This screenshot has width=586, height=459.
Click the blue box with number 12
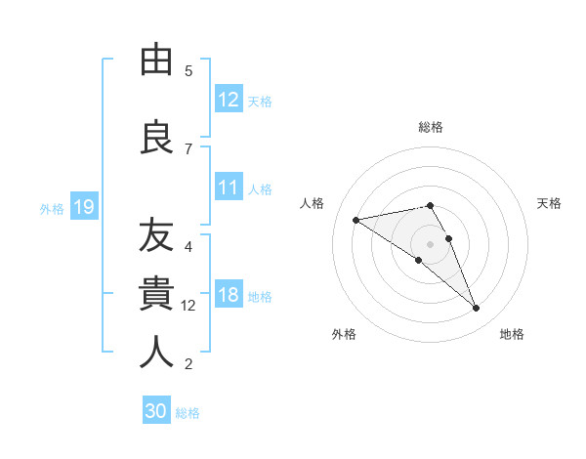(229, 99)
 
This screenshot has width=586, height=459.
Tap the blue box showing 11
(229, 188)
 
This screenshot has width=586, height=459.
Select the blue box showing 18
(229, 295)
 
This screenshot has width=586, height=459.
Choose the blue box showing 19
(84, 207)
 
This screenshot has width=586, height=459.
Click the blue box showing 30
(156, 411)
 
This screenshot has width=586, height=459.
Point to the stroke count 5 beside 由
(188, 70)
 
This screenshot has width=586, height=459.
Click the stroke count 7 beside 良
(188, 148)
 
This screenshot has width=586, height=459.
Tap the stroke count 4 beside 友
(188, 246)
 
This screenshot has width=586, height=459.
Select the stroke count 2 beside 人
(188, 364)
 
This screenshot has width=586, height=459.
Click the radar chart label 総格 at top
(431, 127)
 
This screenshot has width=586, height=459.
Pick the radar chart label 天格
(550, 203)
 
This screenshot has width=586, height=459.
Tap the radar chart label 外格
(344, 334)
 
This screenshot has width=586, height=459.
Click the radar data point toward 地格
(477, 309)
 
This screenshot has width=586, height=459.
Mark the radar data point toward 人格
(356, 219)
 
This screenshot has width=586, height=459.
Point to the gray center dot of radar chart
(430, 243)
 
